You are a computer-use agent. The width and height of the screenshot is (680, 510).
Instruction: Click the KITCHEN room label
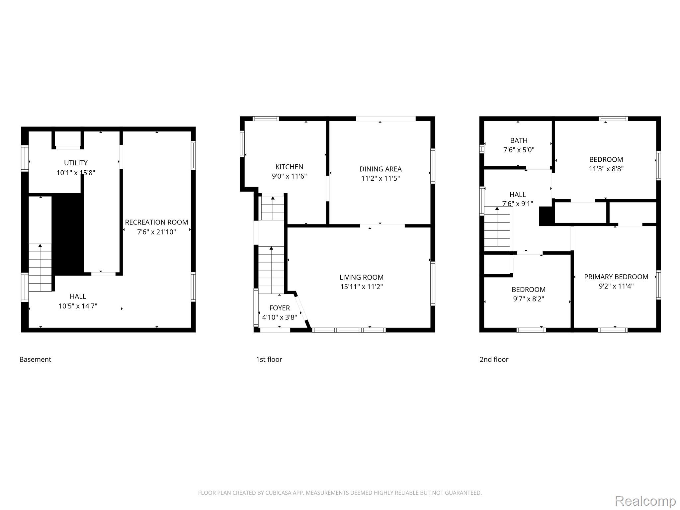tap(289, 167)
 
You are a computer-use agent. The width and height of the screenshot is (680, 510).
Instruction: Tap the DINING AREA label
tap(381, 169)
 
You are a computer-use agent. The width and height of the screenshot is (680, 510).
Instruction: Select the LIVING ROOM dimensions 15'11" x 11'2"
tap(362, 287)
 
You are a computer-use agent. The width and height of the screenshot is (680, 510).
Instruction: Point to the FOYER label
tap(280, 308)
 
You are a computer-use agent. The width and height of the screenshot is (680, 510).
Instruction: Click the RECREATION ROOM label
tap(156, 222)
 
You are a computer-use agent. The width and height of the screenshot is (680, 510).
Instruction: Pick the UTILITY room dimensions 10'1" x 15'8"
tap(76, 173)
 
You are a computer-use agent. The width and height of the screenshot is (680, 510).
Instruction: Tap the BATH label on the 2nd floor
tap(519, 140)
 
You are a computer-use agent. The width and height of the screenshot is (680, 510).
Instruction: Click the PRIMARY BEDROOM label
tap(616, 277)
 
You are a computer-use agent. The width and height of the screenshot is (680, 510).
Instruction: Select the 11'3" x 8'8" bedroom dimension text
tap(606, 169)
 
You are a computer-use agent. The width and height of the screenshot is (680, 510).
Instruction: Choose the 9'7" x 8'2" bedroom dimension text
tap(529, 299)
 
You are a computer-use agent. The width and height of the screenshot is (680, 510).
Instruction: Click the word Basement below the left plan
tap(35, 359)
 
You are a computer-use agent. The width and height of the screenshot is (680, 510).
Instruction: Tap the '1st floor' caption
tap(269, 359)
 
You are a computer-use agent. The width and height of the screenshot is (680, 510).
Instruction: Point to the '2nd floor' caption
tap(494, 359)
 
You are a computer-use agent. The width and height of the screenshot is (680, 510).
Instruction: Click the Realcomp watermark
tap(645, 501)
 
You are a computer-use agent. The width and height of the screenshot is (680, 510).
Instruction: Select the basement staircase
tap(40, 268)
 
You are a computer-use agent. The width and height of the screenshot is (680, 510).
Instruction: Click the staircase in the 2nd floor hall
tap(497, 229)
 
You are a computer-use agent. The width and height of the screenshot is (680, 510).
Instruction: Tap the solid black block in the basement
tap(68, 234)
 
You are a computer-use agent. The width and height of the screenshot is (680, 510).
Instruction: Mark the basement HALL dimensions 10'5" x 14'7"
tap(78, 306)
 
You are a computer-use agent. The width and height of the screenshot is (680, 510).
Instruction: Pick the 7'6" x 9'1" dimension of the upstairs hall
tap(518, 204)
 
